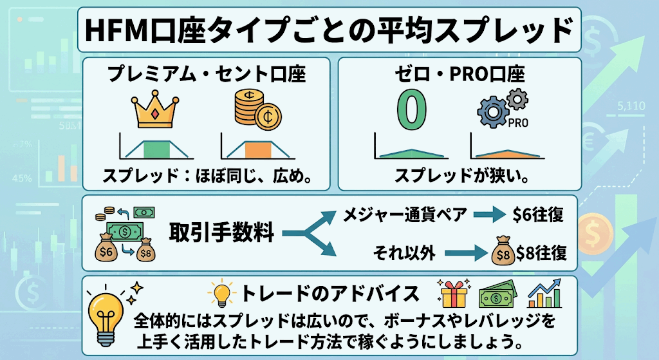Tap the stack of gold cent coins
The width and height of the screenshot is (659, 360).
click(257, 108)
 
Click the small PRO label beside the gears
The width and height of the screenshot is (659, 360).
click(518, 123)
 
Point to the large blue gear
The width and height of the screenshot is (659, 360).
click(492, 111)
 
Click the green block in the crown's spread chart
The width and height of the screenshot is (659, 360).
click(156, 149)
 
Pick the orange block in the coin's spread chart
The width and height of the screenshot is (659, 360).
click(258, 149)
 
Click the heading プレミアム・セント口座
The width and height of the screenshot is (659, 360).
click(207, 75)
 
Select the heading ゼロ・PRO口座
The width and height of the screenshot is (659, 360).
click(459, 75)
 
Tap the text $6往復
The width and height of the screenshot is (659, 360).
click(538, 215)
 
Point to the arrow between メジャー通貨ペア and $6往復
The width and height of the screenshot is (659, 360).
click(489, 215)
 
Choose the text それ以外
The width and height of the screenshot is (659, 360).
click(404, 253)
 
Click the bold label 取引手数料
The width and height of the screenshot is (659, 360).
click(221, 232)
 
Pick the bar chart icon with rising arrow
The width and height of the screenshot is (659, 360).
click(544, 293)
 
